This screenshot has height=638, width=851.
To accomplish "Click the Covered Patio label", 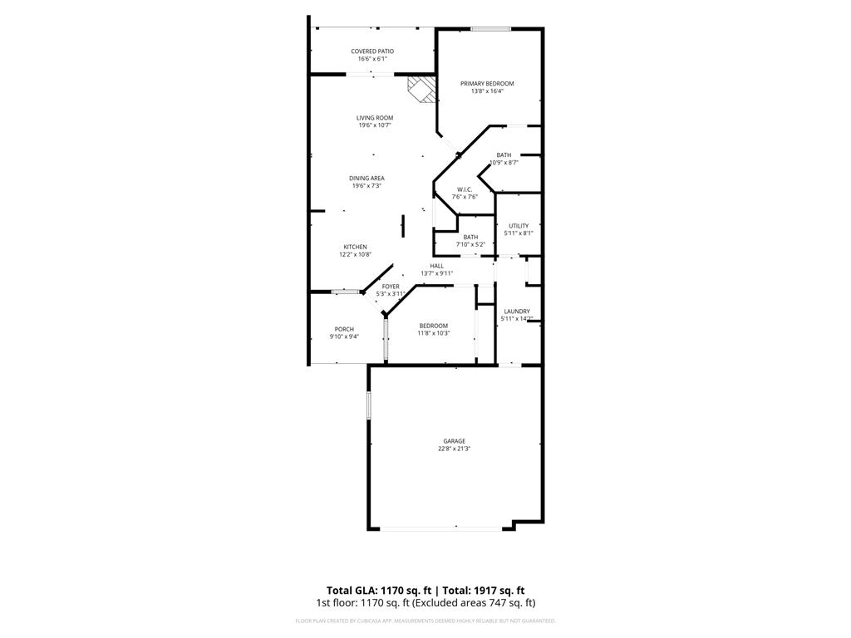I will click(372, 52).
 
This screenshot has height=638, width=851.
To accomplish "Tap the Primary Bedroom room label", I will click(487, 83).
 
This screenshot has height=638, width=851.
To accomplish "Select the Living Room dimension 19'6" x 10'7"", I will click(376, 125).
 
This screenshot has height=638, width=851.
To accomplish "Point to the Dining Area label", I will click(366, 178).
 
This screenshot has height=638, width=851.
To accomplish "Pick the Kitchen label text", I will click(355, 247).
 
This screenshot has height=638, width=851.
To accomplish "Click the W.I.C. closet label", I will click(465, 189).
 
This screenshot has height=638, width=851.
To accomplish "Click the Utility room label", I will click(519, 226).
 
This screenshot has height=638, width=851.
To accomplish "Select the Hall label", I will click(436, 266).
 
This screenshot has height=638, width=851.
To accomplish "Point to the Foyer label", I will click(391, 287).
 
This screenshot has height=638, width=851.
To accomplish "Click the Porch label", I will click(344, 329).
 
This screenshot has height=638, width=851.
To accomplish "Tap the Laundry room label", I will click(516, 312).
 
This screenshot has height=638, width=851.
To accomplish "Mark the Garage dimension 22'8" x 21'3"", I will click(454, 449).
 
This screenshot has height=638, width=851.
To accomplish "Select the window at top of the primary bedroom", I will click(490, 29).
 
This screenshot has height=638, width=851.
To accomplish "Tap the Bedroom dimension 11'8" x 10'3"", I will click(433, 333).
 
